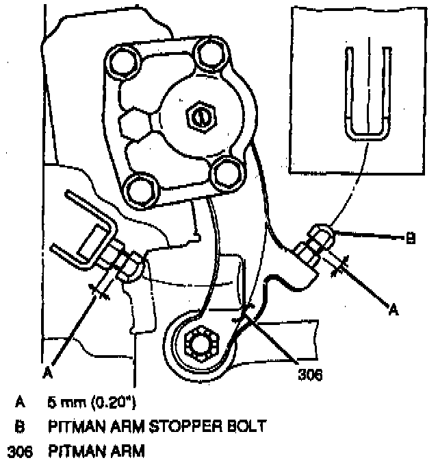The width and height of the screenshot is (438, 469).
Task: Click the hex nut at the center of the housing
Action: point(199,117)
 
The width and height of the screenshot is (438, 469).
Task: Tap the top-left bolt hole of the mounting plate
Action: point(123,62)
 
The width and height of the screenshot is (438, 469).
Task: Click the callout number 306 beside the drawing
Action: point(310,375)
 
